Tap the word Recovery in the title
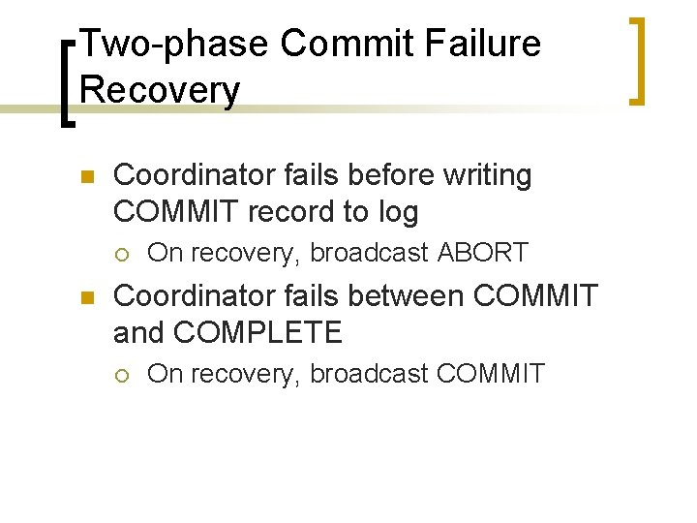coord(160,90)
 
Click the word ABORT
coord(483,253)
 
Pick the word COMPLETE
coord(258,333)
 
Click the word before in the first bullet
coord(374,175)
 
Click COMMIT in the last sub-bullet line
coord(492,373)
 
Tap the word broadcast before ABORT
coord(369,253)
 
